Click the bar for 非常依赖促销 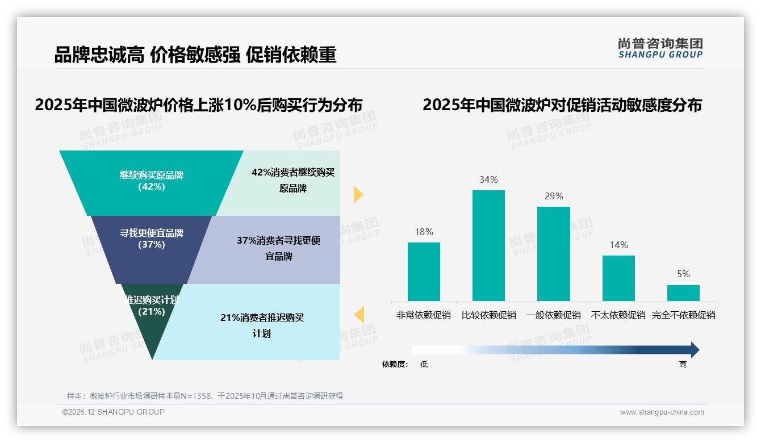tap(424, 271)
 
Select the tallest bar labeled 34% tap(488, 245)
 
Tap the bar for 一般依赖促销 tap(554, 253)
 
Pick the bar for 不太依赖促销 tap(618, 278)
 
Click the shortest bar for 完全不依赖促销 tap(683, 292)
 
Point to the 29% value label tap(554, 197)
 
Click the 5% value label tap(683, 274)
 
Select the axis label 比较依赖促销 tap(488, 315)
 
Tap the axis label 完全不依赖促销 tap(683, 315)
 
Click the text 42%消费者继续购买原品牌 tap(293, 181)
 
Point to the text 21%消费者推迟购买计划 tap(262, 325)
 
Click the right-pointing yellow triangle tap(358, 194)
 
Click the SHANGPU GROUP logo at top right tap(660, 48)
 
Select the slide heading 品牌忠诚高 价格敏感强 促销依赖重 tap(195, 55)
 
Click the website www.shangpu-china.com tap(662, 412)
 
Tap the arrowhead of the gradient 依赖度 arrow tap(694, 350)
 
